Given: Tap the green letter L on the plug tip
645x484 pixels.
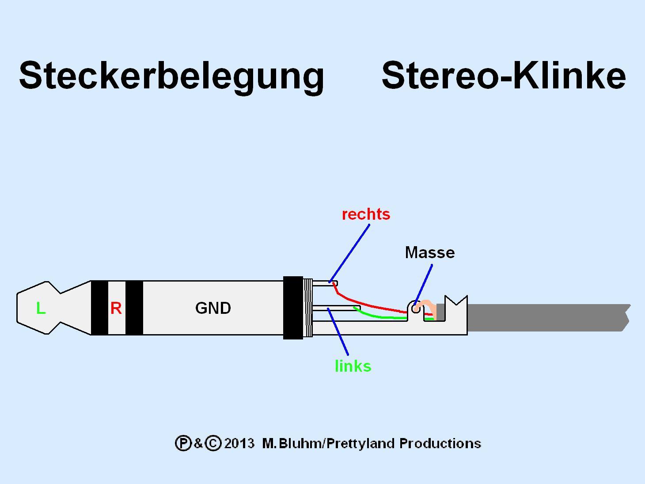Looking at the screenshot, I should (x=41, y=308).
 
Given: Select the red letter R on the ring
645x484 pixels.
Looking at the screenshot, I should (x=116, y=308).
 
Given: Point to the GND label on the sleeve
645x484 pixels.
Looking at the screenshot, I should (x=213, y=308).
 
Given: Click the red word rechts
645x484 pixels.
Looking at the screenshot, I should (x=366, y=214).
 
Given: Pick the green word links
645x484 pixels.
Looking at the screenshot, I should (x=353, y=366).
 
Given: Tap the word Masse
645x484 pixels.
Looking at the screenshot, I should (x=429, y=253).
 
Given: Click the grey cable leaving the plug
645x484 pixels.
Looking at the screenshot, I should (x=548, y=317).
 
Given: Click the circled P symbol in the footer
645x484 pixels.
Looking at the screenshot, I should (x=183, y=443).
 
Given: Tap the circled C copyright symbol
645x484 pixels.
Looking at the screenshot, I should (x=213, y=443).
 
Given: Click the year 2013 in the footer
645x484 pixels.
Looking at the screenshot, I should (x=239, y=443).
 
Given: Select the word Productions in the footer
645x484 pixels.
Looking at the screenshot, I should (x=440, y=443).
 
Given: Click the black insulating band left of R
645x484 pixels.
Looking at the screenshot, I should (x=99, y=308).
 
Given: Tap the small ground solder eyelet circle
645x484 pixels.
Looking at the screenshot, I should (x=416, y=309).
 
